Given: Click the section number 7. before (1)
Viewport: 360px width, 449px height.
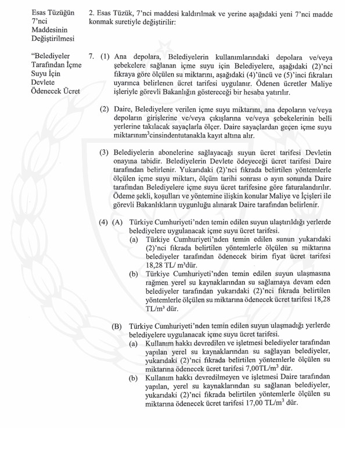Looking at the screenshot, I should (x=92, y=58).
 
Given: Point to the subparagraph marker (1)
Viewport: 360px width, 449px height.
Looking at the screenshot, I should (x=105, y=58).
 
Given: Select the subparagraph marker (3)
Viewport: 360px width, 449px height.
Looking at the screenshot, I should (x=105, y=153).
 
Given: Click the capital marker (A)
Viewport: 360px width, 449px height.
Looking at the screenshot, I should (x=118, y=239).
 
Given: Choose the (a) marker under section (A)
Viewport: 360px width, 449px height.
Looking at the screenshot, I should (x=134, y=256).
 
